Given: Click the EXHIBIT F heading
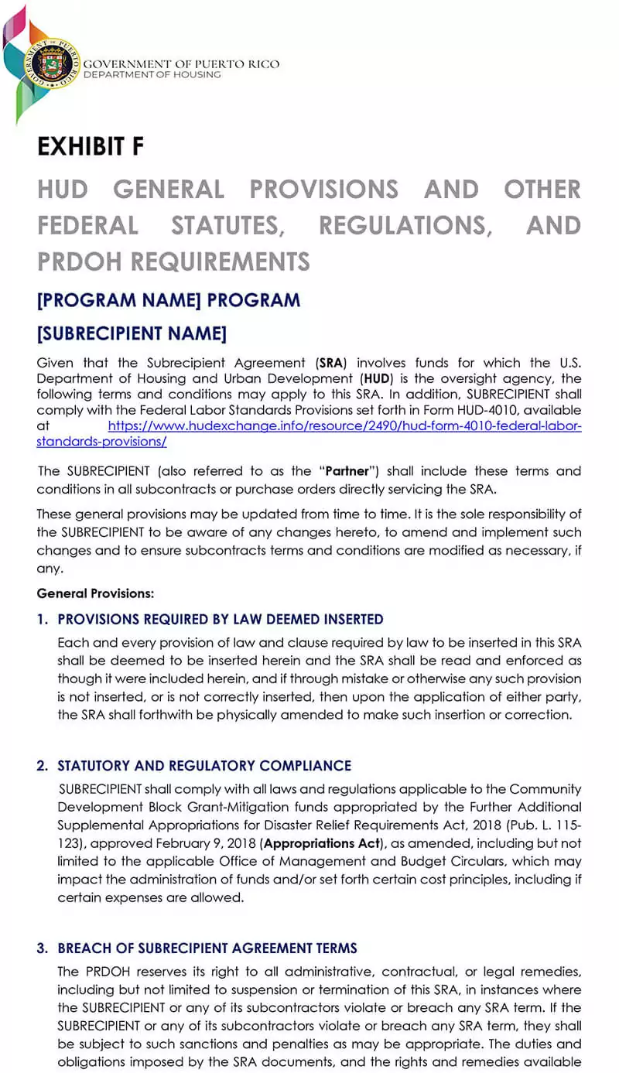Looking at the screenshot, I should [91, 147].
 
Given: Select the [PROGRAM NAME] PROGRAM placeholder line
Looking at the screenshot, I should [168, 299].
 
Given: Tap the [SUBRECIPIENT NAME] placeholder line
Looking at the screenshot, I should [132, 333].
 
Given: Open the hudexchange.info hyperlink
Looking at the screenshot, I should [344, 425].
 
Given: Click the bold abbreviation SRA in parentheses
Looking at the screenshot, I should [330, 363].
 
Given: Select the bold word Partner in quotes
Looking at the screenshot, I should [347, 471].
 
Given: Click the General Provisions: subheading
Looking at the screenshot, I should [95, 593].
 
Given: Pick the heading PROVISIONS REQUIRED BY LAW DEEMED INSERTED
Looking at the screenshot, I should [221, 620].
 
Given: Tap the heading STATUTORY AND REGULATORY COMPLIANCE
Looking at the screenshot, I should [204, 766].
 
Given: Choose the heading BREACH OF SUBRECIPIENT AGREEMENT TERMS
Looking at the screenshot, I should [207, 948].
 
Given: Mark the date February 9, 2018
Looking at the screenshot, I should [210, 843].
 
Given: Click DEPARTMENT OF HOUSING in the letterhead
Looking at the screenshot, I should [152, 74].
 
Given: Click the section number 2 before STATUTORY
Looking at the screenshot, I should [41, 766].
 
